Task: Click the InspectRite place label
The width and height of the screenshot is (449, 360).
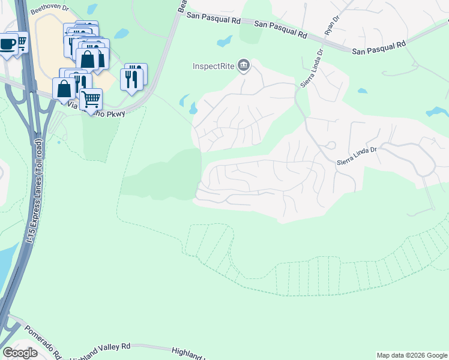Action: [213, 65]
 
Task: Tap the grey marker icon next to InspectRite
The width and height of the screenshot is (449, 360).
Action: [243, 65]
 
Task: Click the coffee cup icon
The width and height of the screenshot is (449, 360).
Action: [8, 45]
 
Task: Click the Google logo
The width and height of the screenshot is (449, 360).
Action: [20, 352]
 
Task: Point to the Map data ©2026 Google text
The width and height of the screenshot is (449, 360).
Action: [411, 355]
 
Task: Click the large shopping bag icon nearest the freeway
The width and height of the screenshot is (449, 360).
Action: [64, 88]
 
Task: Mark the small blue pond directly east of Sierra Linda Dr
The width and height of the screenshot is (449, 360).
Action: [362, 91]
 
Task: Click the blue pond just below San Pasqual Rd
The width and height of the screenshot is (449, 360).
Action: [224, 41]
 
